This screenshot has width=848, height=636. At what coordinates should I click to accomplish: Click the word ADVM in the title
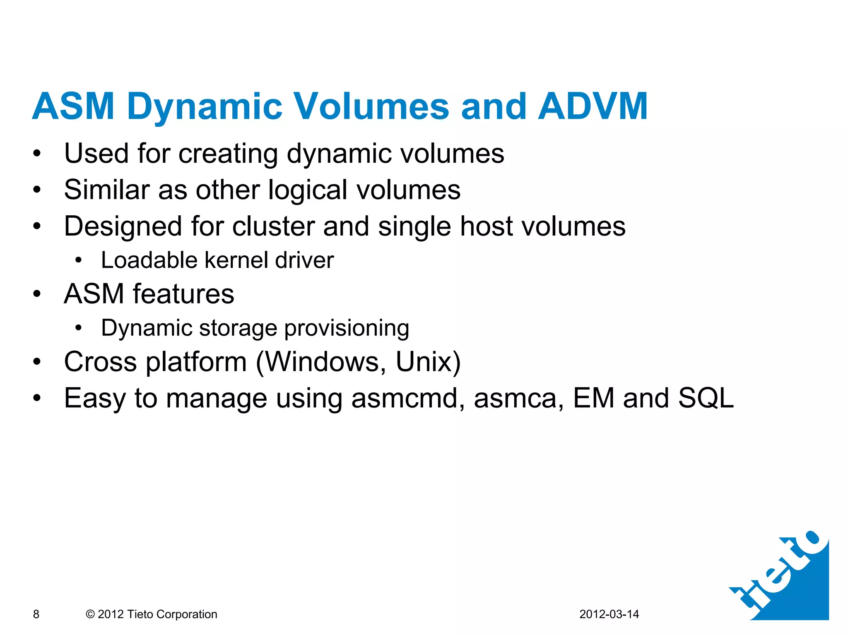click(593, 106)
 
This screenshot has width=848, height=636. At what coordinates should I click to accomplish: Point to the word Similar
click(106, 190)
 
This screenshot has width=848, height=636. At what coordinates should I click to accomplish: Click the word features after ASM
click(183, 294)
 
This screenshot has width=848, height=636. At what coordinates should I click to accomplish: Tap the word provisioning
click(347, 329)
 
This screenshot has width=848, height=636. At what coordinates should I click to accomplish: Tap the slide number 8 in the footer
click(36, 614)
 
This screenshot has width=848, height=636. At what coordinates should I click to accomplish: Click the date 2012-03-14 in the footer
click(609, 614)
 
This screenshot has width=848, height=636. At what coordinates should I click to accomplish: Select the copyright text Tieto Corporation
click(172, 614)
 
